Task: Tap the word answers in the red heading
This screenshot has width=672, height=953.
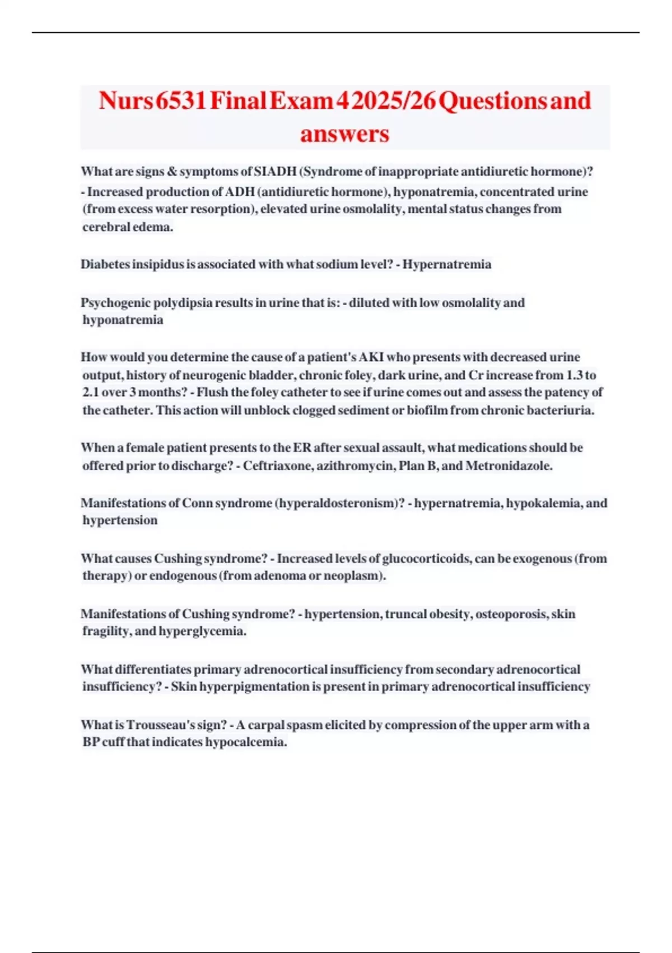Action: [344, 133]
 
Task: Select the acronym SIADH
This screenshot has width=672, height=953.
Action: [275, 172]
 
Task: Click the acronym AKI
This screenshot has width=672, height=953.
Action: [371, 357]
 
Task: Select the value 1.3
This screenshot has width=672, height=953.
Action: [574, 375]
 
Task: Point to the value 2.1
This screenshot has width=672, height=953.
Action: [91, 392]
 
